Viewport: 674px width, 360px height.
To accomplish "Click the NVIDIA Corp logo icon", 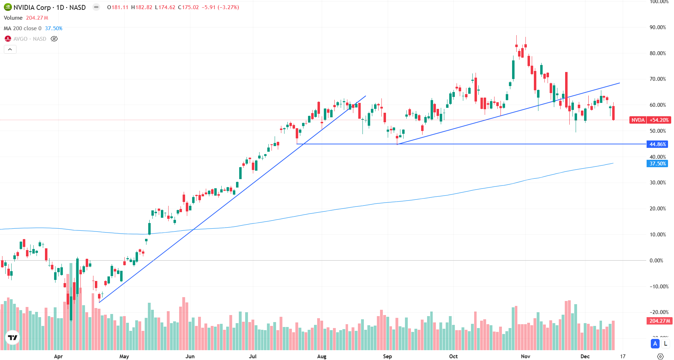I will point(8,7).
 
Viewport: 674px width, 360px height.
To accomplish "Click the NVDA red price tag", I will point(637,120).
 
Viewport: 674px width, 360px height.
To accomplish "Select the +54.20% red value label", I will point(659,120).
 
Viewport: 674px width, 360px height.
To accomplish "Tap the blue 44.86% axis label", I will point(657,144).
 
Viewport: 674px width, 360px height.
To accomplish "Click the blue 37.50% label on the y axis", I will point(657,164).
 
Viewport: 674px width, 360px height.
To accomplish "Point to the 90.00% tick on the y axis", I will point(657,27).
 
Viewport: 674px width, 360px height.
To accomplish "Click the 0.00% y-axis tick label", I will point(656,261).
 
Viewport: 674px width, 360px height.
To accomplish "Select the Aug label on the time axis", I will point(322,356).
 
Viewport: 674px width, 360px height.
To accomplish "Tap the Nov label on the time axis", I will point(525,356).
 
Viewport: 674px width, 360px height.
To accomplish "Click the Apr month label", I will point(58,356).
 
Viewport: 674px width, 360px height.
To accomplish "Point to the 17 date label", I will point(623,356).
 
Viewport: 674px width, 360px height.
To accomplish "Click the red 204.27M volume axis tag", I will point(659,321).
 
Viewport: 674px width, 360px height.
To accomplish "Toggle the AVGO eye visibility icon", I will point(54,39).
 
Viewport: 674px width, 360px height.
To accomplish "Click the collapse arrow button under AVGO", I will point(10,50).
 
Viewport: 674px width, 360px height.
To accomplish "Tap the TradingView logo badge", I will point(13,338).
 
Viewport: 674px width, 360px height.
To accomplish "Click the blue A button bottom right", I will point(655,343).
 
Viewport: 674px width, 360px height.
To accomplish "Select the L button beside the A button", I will point(665,343).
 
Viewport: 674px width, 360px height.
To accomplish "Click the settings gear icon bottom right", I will point(660,356).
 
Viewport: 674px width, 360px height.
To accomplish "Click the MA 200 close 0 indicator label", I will point(22,28).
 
